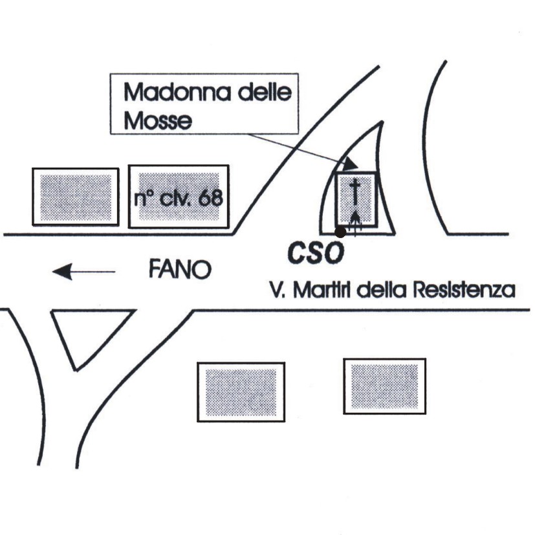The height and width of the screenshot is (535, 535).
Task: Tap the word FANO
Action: click(x=180, y=269)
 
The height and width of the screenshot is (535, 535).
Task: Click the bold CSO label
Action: click(x=315, y=254)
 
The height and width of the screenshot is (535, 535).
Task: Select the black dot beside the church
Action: click(x=339, y=231)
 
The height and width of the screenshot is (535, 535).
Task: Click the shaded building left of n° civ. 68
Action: click(x=75, y=197)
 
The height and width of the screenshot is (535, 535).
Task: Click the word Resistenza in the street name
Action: click(x=459, y=290)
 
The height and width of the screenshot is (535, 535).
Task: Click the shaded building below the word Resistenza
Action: click(x=384, y=386)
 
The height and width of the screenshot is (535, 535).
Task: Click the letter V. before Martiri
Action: click(x=278, y=290)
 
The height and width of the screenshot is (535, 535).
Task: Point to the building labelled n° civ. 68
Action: click(x=179, y=213)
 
